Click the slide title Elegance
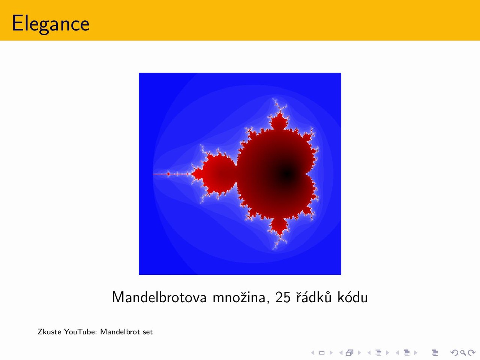(x=51, y=24)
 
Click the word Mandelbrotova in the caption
(x=159, y=297)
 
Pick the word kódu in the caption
(x=352, y=297)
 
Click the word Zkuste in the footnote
(x=49, y=331)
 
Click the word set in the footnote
(x=148, y=332)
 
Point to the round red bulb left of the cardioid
(x=219, y=174)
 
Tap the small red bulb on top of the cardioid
(x=279, y=121)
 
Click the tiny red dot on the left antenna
(x=168, y=174)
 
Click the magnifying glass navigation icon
(x=463, y=352)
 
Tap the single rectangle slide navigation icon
(x=322, y=352)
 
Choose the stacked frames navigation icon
(x=349, y=352)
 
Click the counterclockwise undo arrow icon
(x=454, y=352)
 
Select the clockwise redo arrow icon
(x=471, y=352)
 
